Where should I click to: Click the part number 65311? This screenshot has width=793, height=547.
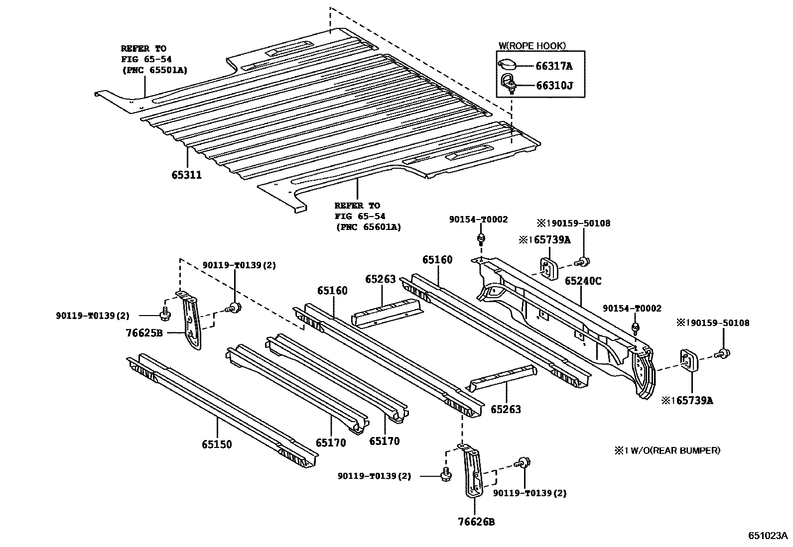coord(187,175)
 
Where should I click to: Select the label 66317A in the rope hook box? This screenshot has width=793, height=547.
coord(554,66)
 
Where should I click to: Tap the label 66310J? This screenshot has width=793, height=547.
coord(554,85)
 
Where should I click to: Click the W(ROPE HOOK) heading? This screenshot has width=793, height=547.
coord(532,46)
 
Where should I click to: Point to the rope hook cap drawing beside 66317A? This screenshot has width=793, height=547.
coord(507,64)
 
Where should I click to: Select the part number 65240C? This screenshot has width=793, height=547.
coord(583,281)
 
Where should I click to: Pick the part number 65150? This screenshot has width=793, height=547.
coord(217,444)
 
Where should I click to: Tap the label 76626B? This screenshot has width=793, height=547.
coord(476,522)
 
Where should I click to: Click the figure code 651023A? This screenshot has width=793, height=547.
coord(768,536)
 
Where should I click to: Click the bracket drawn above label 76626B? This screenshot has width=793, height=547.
coord(473,470)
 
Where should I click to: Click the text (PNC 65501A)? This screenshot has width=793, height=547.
coord(154,70)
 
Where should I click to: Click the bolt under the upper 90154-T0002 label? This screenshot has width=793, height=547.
coord(481,239)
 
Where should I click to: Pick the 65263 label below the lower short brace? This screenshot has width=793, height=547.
coord(506,409)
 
